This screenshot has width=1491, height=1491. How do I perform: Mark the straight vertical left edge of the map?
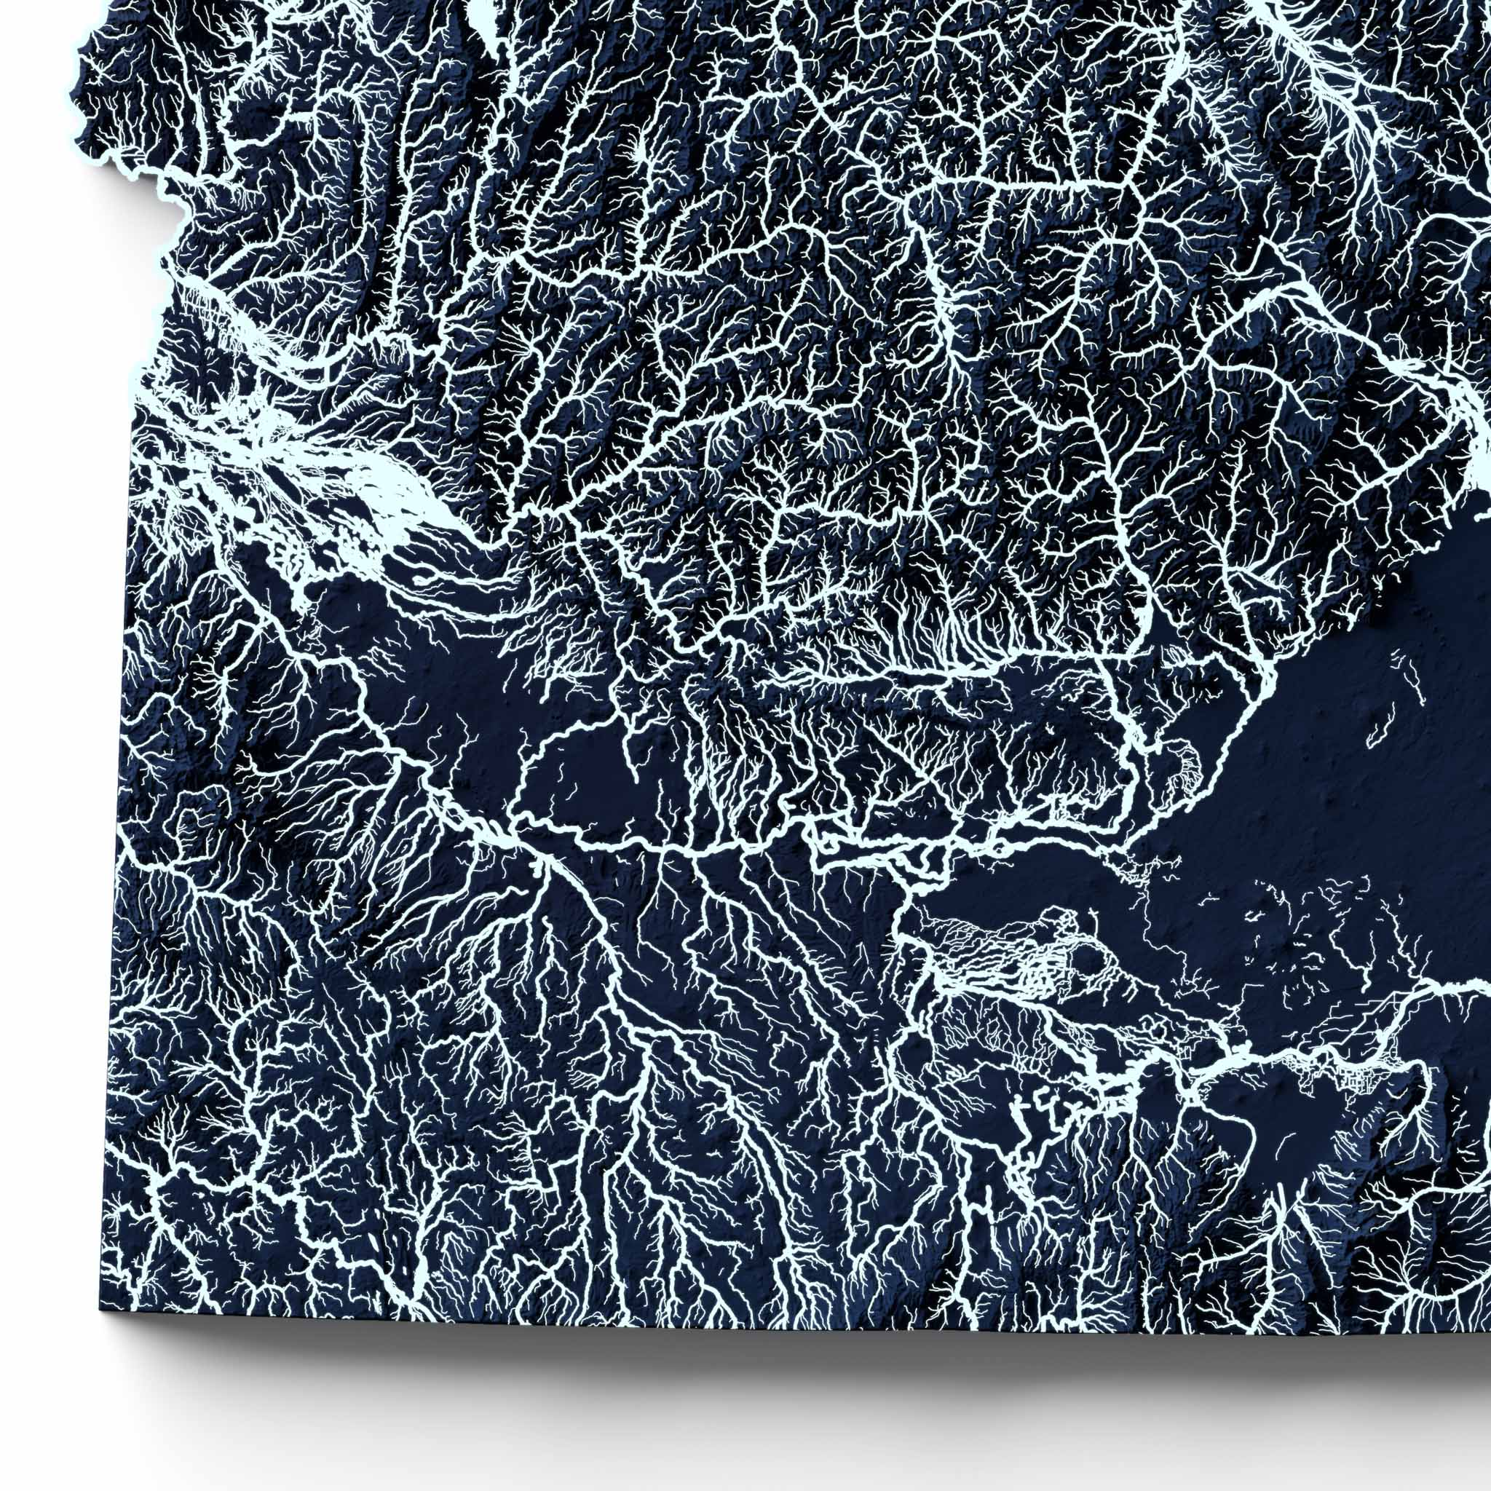pyautogui.click(x=116, y=926)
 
